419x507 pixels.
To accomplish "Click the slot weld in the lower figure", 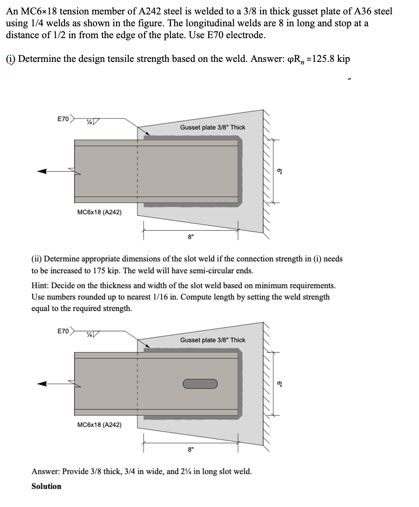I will pos(200,384).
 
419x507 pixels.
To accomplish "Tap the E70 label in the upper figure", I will pos(63,119).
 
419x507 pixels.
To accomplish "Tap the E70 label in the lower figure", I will pos(63,331).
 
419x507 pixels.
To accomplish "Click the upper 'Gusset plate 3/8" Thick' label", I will pos(212,127).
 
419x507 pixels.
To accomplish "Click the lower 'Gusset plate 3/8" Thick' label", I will pos(212,340).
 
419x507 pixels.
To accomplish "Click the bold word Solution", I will pos(46,486).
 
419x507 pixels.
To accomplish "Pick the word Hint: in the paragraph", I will pos(41,286).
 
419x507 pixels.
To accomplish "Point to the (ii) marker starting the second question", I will pos(36,259).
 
